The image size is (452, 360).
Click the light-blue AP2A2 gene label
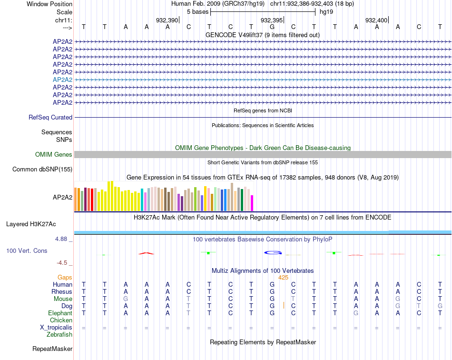click(x=62, y=80)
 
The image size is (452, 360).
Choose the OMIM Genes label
click(x=54, y=154)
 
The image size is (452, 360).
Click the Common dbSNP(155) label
click(x=42, y=169)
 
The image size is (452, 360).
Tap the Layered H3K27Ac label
click(x=31, y=224)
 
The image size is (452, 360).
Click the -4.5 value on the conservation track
click(x=63, y=262)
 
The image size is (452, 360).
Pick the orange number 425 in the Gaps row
click(x=283, y=277)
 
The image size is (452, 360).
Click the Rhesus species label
click(x=62, y=291)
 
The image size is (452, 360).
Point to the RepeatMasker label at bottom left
click(x=52, y=349)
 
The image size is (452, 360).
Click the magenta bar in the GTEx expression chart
click(x=252, y=203)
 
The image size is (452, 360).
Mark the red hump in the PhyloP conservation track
click(x=146, y=253)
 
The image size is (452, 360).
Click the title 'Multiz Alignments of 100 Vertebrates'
click(x=263, y=270)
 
